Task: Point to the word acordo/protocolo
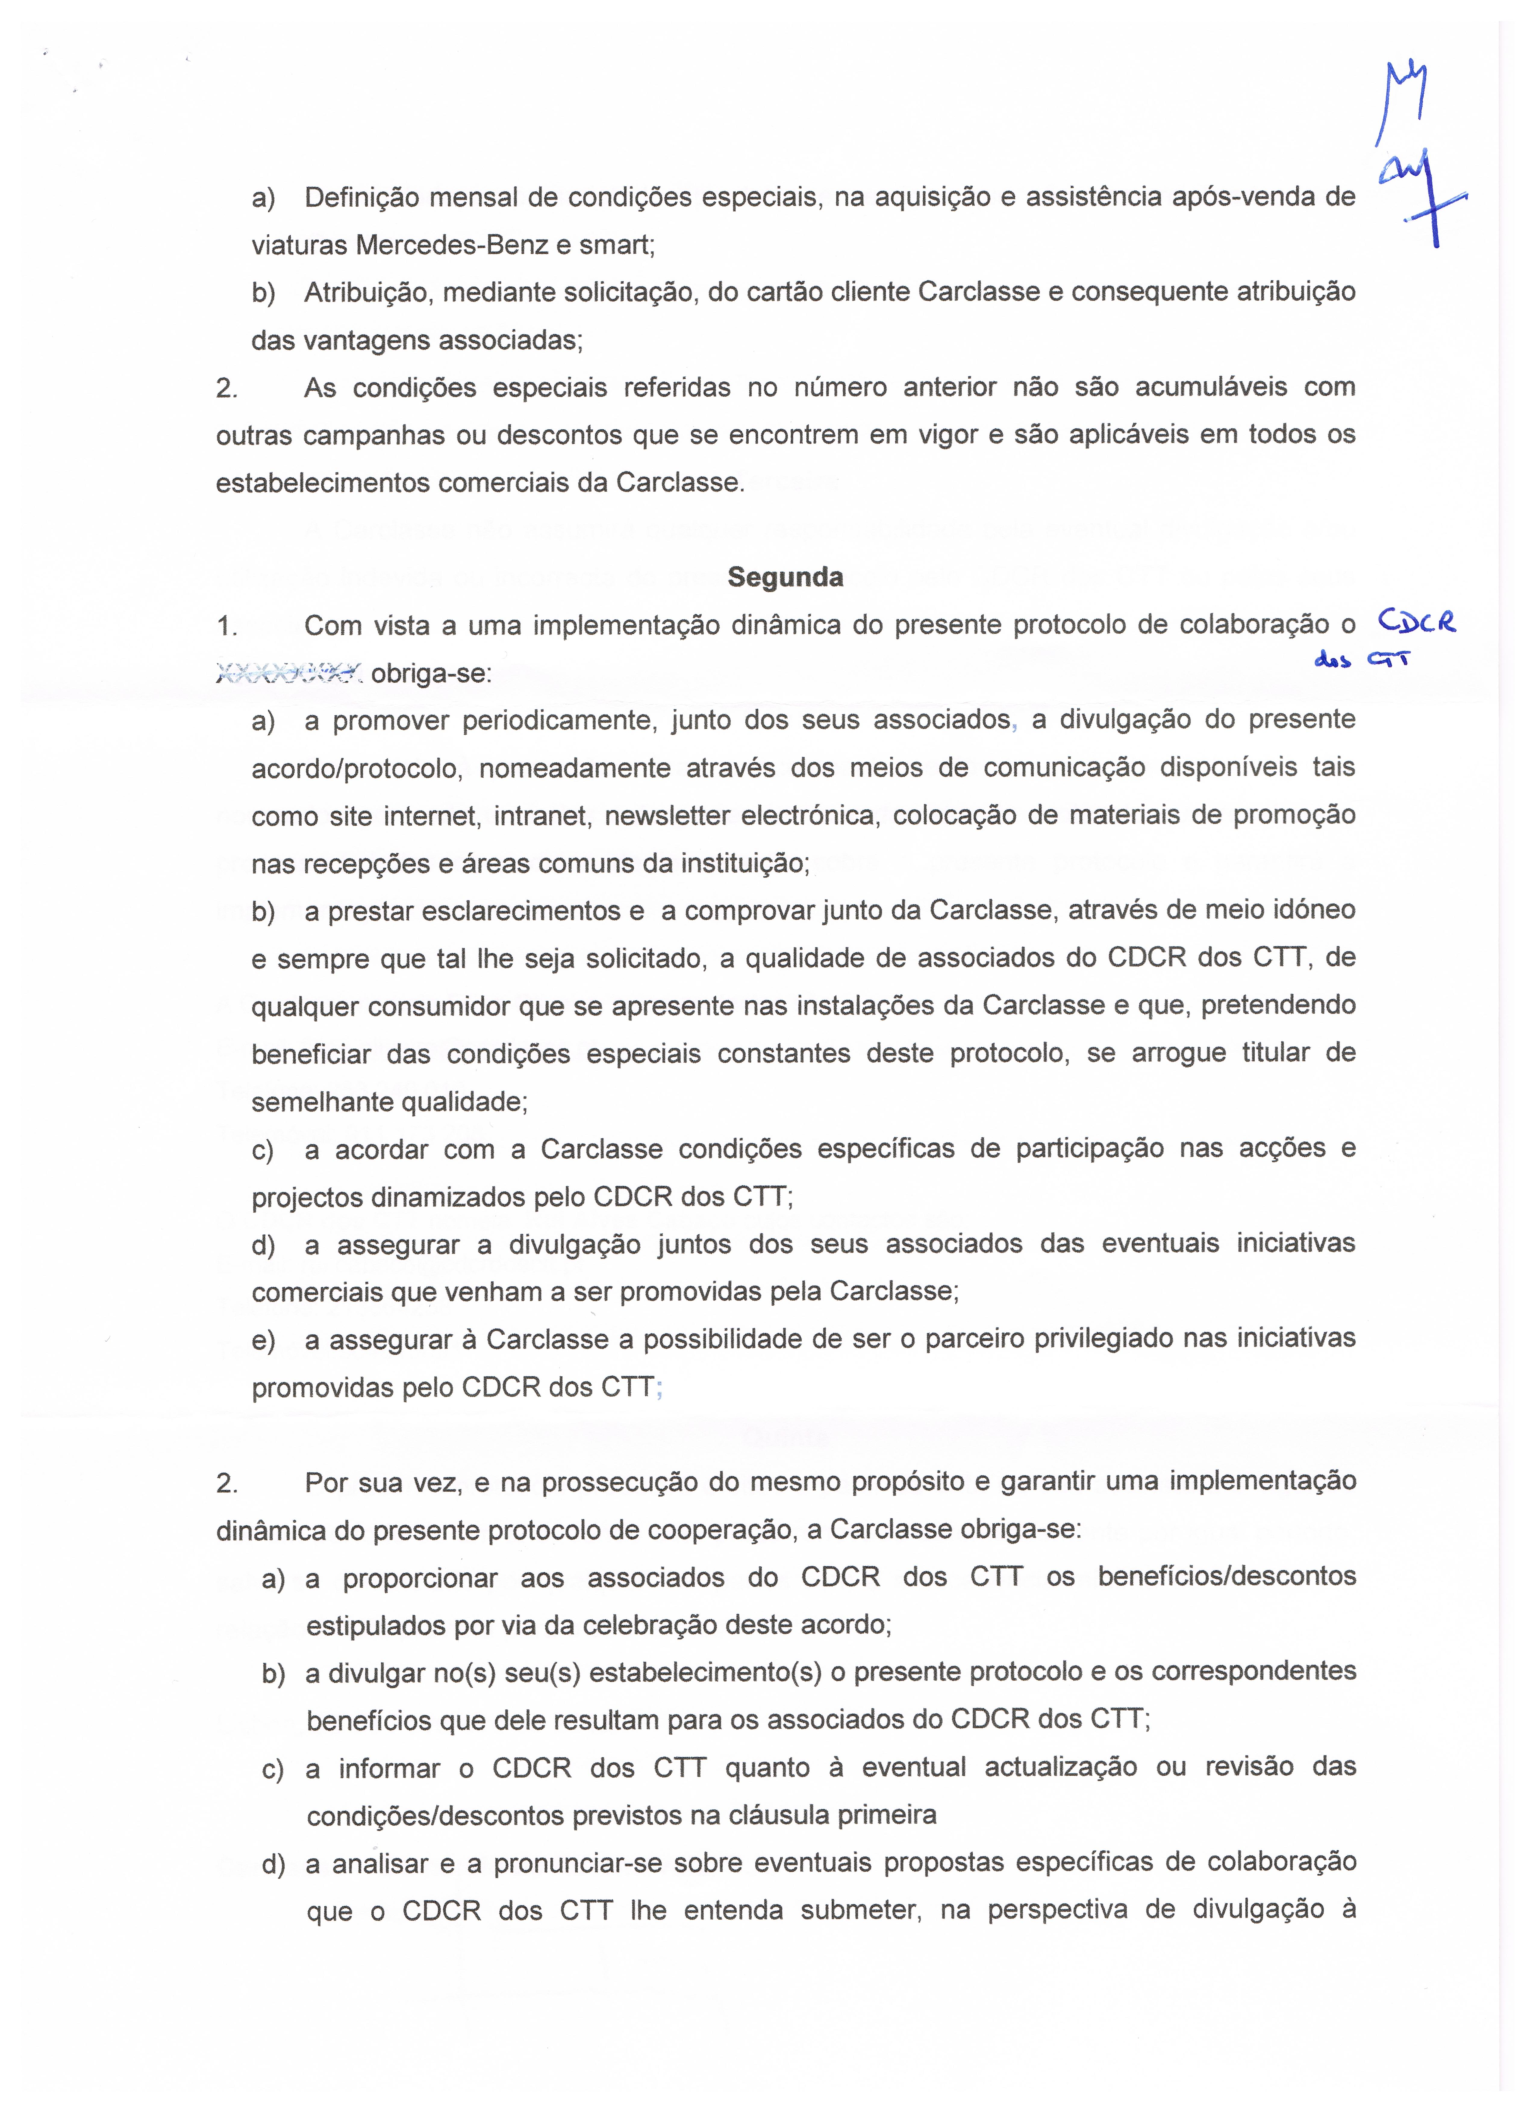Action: click(x=356, y=769)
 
